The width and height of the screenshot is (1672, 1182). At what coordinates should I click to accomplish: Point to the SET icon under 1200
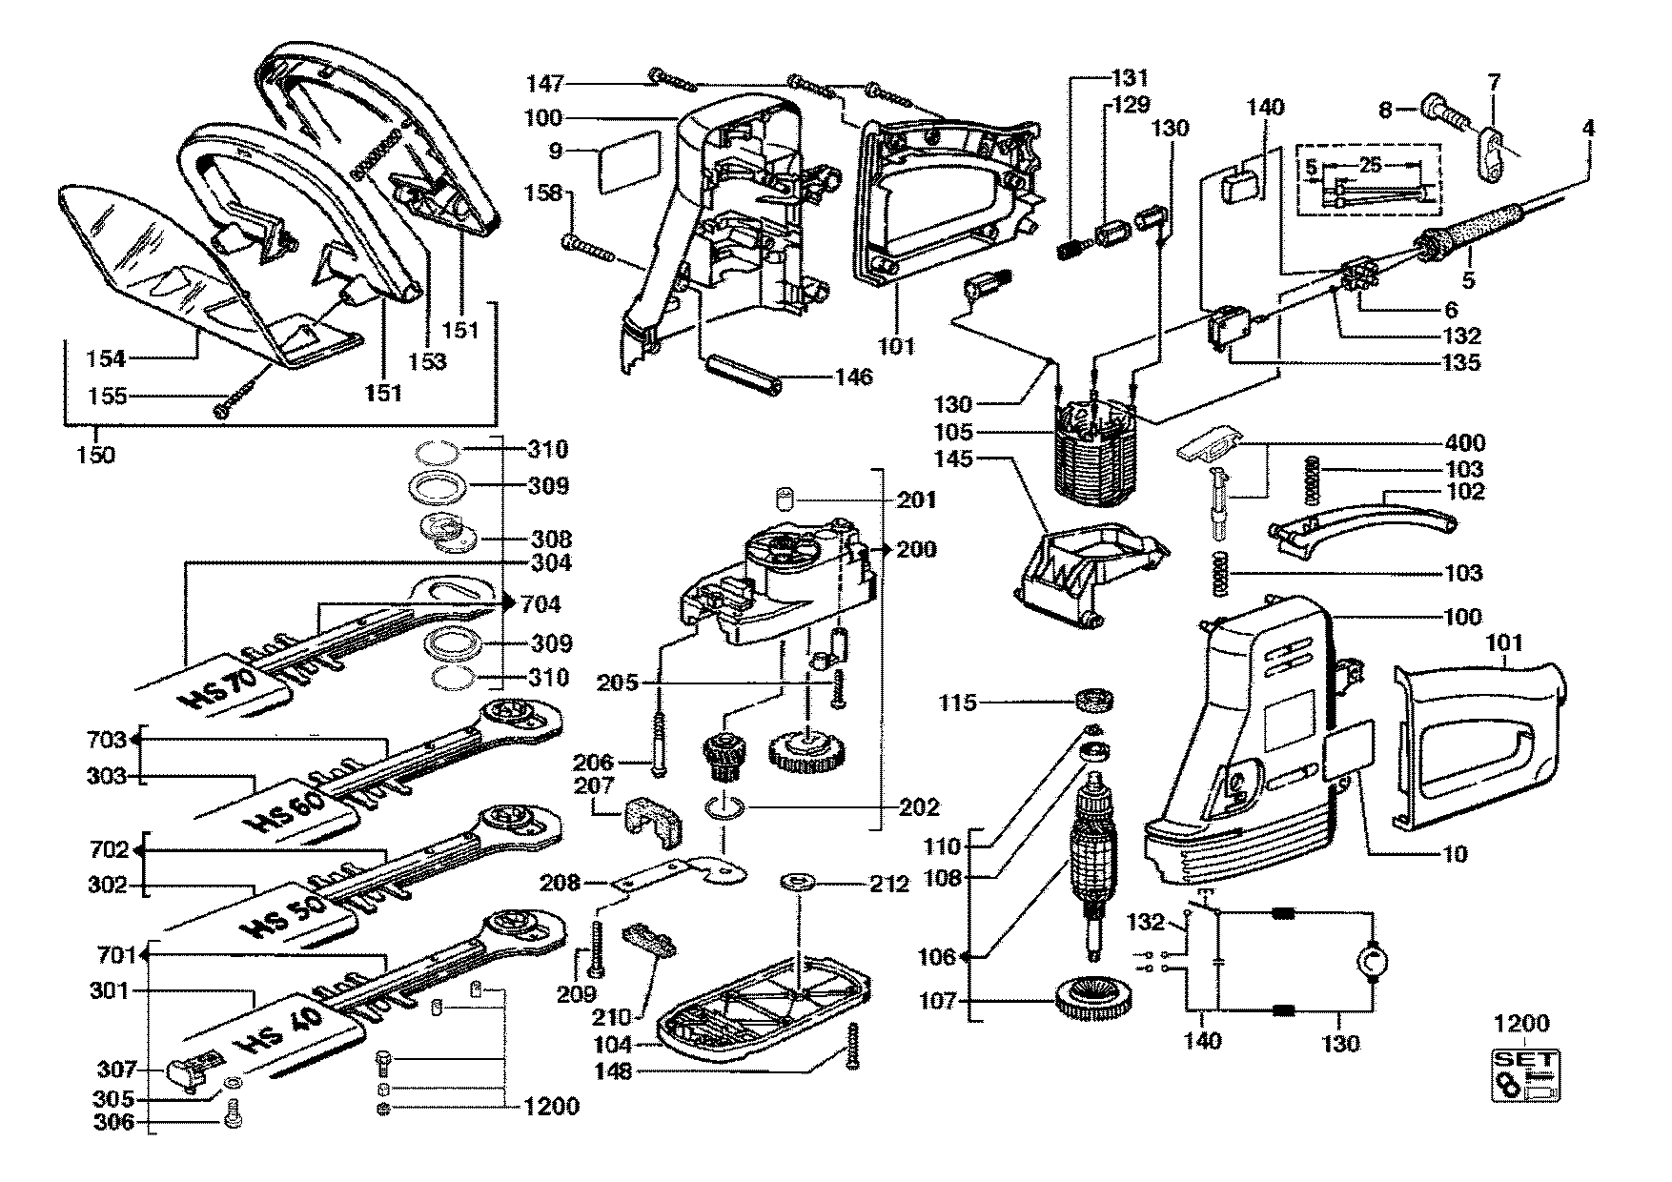[1526, 1076]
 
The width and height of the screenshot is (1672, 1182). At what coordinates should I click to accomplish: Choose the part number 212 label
[888, 885]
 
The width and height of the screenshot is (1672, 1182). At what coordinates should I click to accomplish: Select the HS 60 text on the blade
[285, 807]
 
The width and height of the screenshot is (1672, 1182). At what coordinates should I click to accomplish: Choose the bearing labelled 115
[1094, 703]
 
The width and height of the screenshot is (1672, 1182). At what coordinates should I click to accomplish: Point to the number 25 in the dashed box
[1371, 166]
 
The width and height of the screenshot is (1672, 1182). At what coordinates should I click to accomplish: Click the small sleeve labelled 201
[785, 499]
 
